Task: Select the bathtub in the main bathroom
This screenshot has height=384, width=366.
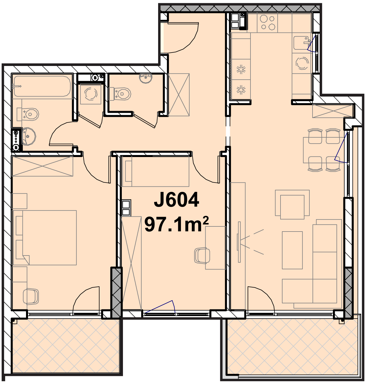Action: [x=42, y=86]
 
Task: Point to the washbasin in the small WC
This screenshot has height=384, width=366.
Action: [x=146, y=78]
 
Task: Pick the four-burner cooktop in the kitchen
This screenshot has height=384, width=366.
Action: [x=267, y=22]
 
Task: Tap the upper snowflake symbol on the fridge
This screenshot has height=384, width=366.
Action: [x=241, y=69]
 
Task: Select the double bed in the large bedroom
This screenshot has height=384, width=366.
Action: [x=44, y=238]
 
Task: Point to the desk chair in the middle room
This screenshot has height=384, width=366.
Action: [x=202, y=256]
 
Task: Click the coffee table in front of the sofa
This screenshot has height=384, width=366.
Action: [x=292, y=250]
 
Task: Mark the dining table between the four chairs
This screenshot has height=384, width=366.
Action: [x=324, y=150]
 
